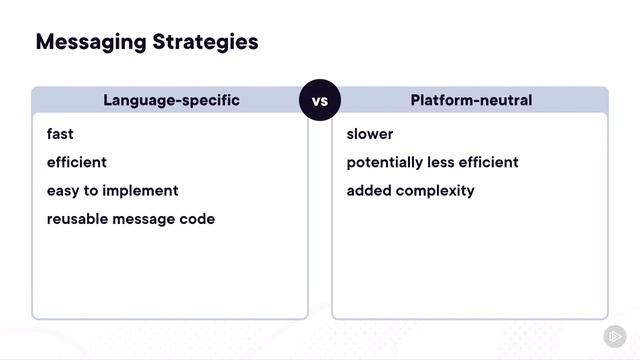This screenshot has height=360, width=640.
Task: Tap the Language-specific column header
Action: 171,100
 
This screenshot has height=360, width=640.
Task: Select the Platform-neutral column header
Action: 470,100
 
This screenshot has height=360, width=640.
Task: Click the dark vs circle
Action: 320,101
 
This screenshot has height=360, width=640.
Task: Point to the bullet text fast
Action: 60,134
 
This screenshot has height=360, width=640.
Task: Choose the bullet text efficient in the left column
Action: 76,162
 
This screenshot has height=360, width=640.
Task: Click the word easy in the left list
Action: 63,190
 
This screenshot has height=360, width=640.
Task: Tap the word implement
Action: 144,190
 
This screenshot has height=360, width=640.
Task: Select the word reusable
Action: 77,218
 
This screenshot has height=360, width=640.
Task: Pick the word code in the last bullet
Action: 198,218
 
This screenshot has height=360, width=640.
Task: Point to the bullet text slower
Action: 370,134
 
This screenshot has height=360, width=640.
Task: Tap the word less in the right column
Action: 443,162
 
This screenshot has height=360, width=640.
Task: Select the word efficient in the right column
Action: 489,162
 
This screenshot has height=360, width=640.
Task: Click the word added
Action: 368,190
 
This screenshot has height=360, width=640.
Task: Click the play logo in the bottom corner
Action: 614,336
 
